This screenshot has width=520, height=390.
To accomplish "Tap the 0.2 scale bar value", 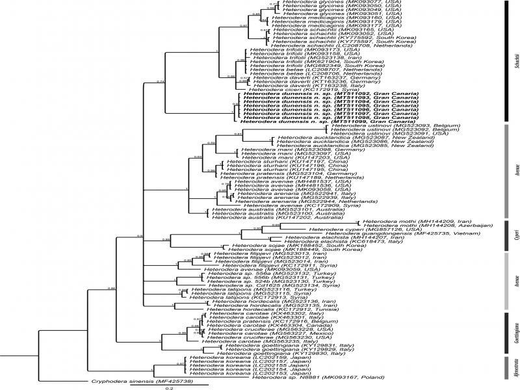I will (x=168, y=387).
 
